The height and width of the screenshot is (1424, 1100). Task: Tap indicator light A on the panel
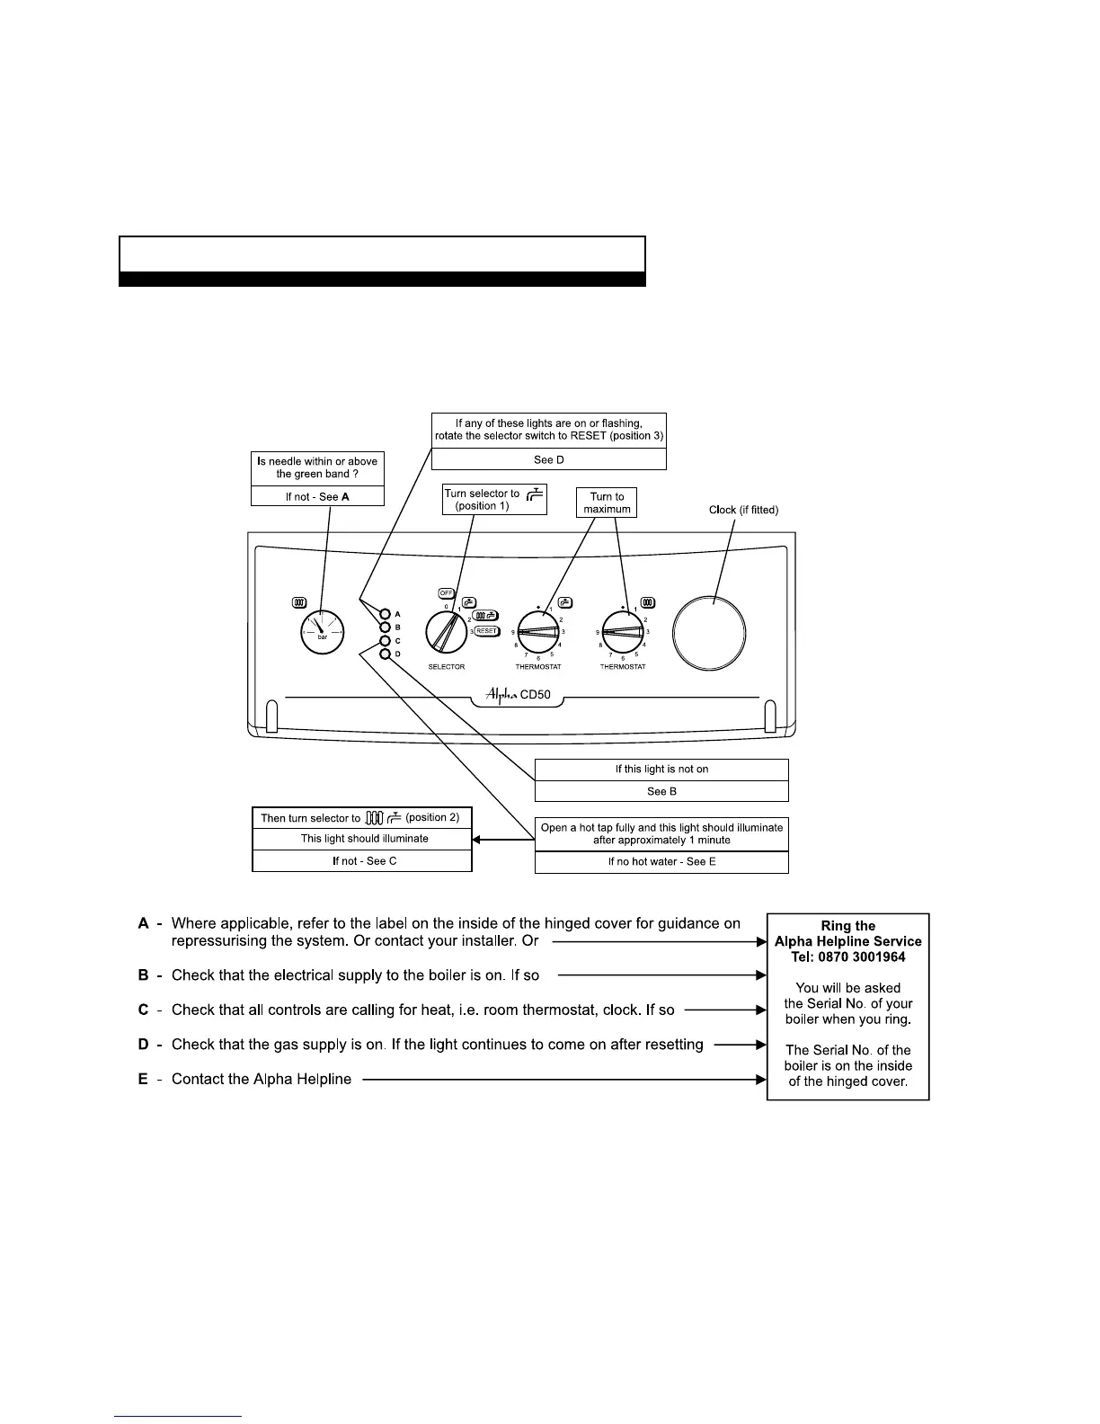386,614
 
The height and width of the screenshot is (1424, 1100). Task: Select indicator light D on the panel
386,654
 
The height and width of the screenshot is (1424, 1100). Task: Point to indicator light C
386,641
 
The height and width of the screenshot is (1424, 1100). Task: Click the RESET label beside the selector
486,631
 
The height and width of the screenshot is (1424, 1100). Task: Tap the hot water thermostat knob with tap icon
538,632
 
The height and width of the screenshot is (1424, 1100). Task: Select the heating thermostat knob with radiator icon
623,632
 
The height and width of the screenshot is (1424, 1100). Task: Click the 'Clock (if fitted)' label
743,510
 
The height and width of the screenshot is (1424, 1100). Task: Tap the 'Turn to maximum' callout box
607,503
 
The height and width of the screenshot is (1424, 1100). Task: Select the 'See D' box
548,459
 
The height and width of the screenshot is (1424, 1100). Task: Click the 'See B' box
661,791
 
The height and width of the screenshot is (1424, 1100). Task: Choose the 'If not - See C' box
362,861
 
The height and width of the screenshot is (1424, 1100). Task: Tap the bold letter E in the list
143,1079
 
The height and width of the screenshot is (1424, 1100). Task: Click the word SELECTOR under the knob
446,667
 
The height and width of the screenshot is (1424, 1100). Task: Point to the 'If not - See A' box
317,496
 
